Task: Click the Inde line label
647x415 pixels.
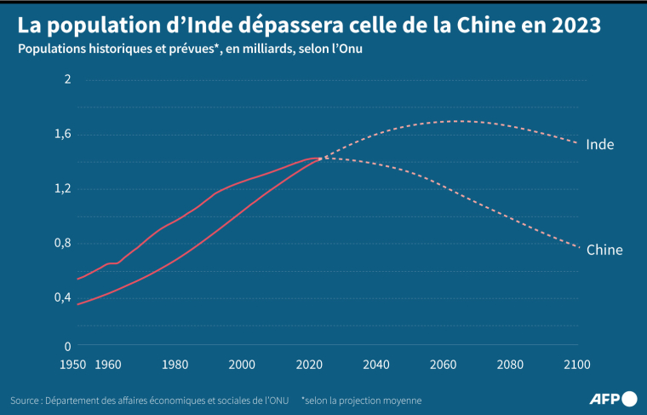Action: pyautogui.click(x=600, y=145)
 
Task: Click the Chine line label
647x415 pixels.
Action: pyautogui.click(x=604, y=250)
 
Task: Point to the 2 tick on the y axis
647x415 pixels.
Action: pyautogui.click(x=68, y=79)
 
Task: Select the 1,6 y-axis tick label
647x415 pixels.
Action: pyautogui.click(x=64, y=134)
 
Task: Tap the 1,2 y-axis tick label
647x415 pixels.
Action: pyautogui.click(x=64, y=188)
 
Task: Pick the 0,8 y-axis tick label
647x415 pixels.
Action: pyautogui.click(x=64, y=243)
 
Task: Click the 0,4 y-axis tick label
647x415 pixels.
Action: pyautogui.click(x=64, y=297)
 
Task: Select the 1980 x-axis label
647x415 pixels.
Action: pyautogui.click(x=175, y=365)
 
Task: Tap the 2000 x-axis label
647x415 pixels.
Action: pyautogui.click(x=242, y=365)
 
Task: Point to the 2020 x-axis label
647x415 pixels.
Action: pyautogui.click(x=308, y=365)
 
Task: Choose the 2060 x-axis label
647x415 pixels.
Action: pyautogui.click(x=443, y=365)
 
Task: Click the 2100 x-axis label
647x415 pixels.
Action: pyautogui.click(x=576, y=365)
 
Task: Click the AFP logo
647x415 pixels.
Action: pyautogui.click(x=613, y=398)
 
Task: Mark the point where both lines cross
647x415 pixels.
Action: pyautogui.click(x=319, y=159)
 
